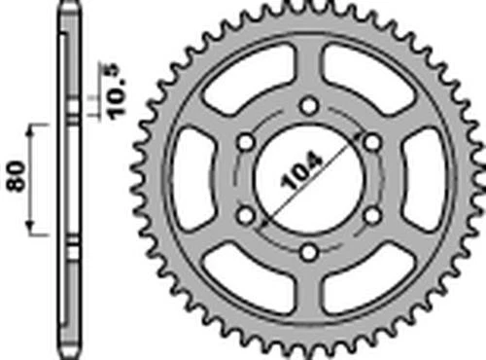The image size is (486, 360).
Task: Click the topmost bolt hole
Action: (308, 105)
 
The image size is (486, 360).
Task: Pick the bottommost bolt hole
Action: (308, 253)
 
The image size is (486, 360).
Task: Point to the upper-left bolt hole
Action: (245, 142)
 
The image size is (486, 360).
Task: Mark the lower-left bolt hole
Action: (245, 216)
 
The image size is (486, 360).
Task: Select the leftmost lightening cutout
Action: (192, 179)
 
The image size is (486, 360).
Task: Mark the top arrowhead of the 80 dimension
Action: (35, 129)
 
